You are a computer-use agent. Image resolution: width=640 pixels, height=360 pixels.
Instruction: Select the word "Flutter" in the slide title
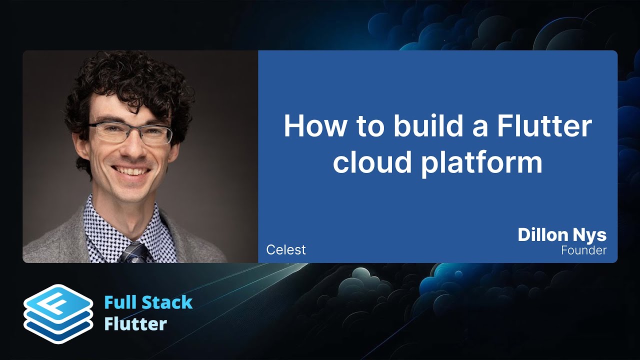click(544, 126)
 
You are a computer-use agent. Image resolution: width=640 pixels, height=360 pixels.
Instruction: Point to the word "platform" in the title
click(481, 163)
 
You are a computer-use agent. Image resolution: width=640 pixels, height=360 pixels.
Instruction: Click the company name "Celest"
click(286, 249)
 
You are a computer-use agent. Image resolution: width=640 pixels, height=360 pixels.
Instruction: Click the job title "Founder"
click(583, 250)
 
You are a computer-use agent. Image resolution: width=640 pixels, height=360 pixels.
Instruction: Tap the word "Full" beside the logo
click(120, 302)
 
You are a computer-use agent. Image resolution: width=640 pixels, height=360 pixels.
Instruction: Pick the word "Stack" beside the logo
click(167, 302)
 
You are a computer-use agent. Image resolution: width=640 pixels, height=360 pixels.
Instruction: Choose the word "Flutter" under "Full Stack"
click(135, 324)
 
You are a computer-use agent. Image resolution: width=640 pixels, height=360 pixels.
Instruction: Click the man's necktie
click(133, 252)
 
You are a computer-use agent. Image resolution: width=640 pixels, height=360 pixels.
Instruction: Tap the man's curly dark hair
click(125, 85)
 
